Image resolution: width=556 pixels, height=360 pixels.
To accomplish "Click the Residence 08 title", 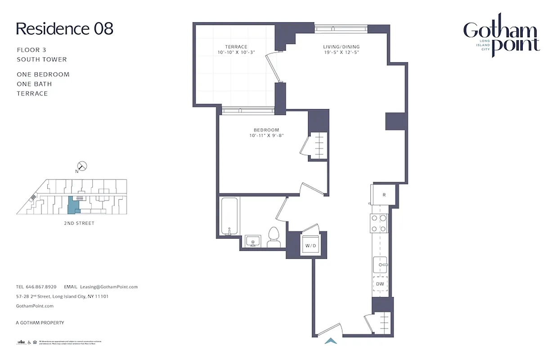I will click(x=64, y=29).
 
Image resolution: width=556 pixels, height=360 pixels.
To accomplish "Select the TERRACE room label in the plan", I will click(x=236, y=47).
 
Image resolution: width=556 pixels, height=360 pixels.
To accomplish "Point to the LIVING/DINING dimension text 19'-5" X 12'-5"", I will click(x=341, y=53).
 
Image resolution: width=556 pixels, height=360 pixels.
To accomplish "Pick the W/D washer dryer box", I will click(x=310, y=246).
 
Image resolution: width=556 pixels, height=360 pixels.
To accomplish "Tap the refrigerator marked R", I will click(x=384, y=195).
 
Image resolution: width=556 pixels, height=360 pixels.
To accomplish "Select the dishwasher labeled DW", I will click(x=380, y=284).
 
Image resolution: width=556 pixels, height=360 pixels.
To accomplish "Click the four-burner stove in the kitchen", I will click(x=378, y=223).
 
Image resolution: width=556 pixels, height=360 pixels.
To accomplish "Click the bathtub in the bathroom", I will click(x=230, y=216).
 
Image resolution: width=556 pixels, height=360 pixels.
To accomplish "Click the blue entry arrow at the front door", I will click(x=331, y=341).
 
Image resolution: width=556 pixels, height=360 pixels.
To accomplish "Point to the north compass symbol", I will click(x=82, y=166).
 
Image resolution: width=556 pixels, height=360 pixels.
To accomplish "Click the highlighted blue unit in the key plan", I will click(x=72, y=205).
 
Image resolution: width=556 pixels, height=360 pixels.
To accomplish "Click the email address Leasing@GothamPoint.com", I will click(x=108, y=287).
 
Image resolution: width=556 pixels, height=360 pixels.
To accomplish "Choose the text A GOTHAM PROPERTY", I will click(x=40, y=323).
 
